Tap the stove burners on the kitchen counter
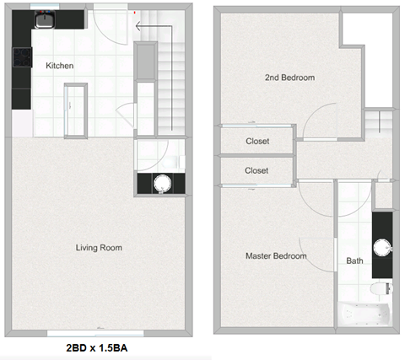(x=21, y=58)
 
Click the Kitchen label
(x=59, y=66)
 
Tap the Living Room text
(x=99, y=248)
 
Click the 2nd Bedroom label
(x=289, y=78)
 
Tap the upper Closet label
(x=256, y=141)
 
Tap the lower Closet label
(x=256, y=170)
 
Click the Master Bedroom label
(x=276, y=255)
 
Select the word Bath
(x=355, y=261)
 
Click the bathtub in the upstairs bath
(x=364, y=314)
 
